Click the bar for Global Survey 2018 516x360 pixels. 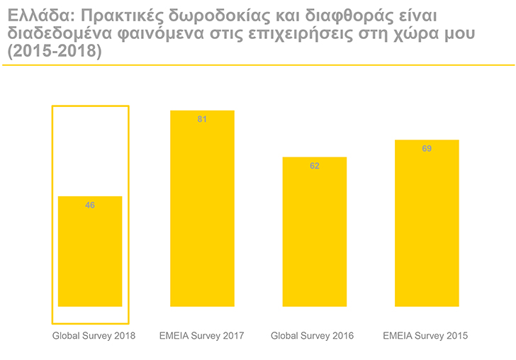pyautogui.click(x=89, y=252)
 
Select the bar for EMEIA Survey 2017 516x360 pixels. pyautogui.click(x=202, y=208)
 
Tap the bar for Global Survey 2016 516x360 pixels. pyautogui.click(x=315, y=232)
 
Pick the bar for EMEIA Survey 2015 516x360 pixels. pyautogui.click(x=427, y=223)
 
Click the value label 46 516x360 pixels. pyautogui.click(x=90, y=206)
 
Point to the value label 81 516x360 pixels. pyautogui.click(x=202, y=120)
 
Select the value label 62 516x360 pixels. pyautogui.click(x=315, y=166)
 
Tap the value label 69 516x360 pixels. pyautogui.click(x=427, y=149)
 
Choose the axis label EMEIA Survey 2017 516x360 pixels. pyautogui.click(x=202, y=335)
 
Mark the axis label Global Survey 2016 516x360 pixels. pyautogui.click(x=312, y=335)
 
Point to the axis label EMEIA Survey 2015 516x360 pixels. pyautogui.click(x=425, y=335)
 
